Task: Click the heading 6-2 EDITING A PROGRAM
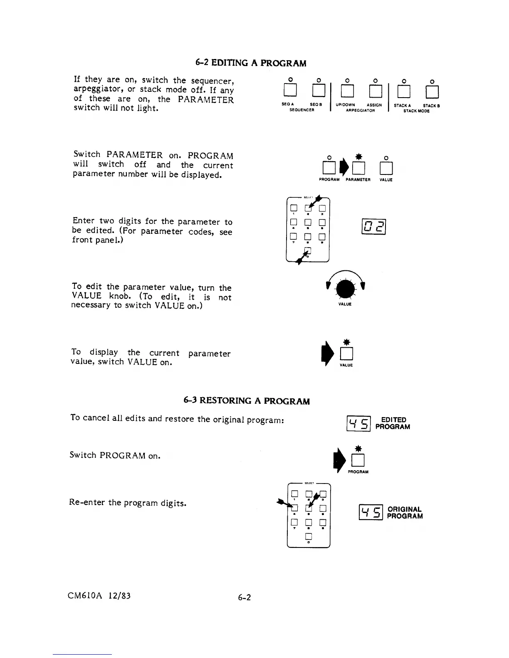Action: [x=250, y=63]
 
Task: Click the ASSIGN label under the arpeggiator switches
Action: [x=374, y=105]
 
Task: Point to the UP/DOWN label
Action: [x=345, y=105]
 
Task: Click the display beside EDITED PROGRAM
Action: [x=358, y=424]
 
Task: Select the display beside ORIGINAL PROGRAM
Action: [x=370, y=513]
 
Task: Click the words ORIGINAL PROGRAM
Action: [x=405, y=513]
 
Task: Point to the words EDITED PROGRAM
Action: [x=393, y=423]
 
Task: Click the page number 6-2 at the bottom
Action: [x=245, y=597]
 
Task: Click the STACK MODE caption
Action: [x=416, y=111]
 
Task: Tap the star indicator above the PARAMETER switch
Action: [x=358, y=157]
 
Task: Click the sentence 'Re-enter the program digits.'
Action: [x=127, y=503]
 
